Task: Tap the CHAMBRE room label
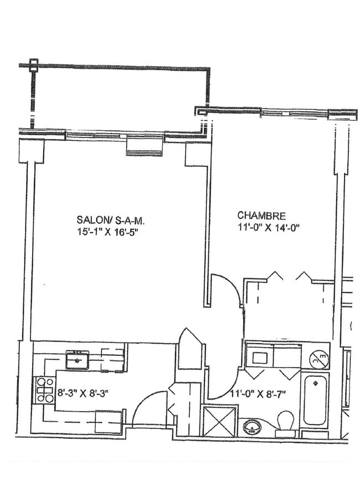point(261,215)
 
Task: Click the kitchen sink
point(77,360)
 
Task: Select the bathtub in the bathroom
point(316,400)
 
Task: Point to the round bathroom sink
point(252,427)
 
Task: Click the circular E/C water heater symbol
point(319,360)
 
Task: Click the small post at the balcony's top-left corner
point(34,64)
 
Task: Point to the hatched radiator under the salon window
point(144,146)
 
